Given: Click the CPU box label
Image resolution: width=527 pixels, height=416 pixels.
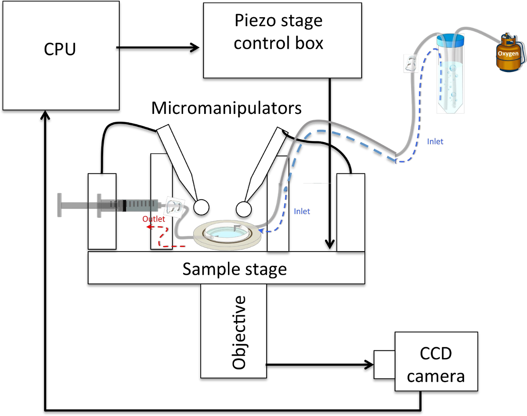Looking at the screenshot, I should click(60, 49).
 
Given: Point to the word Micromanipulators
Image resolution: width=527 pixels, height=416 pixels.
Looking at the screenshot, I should click(227, 108).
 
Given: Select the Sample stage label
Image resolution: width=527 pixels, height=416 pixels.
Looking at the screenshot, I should click(235, 269).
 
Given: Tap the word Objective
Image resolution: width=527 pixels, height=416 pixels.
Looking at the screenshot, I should click(239, 332).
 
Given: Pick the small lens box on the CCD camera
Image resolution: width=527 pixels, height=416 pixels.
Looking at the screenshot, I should click(384, 365).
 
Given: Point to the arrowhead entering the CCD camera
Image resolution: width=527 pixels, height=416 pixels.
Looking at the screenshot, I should click(368, 365).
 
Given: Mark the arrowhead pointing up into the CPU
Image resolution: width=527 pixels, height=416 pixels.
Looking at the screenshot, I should click(45, 115).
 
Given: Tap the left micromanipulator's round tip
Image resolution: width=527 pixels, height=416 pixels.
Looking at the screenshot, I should click(201, 207).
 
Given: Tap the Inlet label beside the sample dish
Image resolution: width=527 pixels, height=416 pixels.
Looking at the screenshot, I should click(302, 212).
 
